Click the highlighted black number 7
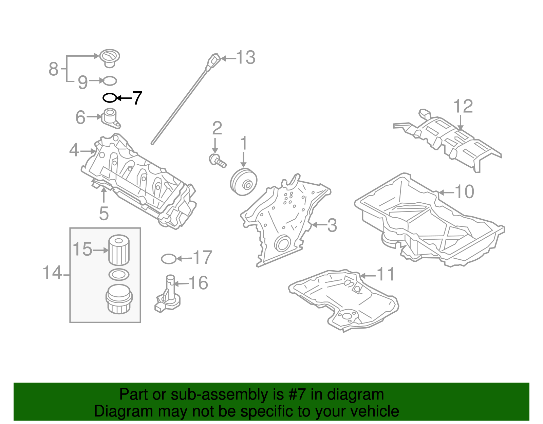(x=137, y=98)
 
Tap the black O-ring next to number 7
(x=110, y=98)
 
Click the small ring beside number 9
(x=110, y=81)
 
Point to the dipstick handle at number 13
(x=214, y=60)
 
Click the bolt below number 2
(x=217, y=161)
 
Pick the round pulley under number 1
(x=243, y=182)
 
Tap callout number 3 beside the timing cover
(x=332, y=225)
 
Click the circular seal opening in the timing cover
(x=282, y=243)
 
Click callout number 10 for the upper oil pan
(x=464, y=192)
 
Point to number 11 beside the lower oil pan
(x=386, y=274)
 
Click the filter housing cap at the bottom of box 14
(x=118, y=299)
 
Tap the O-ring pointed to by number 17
(x=169, y=259)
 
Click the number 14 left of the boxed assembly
(x=52, y=273)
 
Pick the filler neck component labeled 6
(x=111, y=118)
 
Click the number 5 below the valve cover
(x=104, y=214)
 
